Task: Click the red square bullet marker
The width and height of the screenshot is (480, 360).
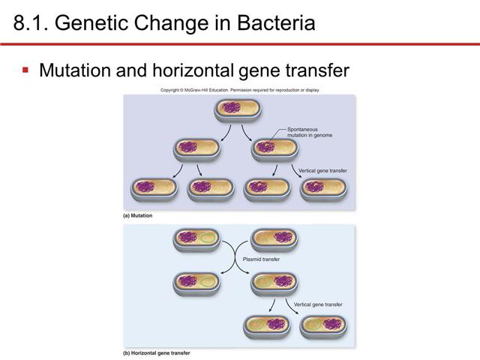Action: pyautogui.click(x=25, y=70)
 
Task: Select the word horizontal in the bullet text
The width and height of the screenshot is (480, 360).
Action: pyautogui.click(x=198, y=71)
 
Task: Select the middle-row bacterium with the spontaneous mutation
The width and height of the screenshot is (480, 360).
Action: pyautogui.click(x=273, y=148)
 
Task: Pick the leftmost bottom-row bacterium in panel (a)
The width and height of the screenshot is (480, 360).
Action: pyautogui.click(x=153, y=188)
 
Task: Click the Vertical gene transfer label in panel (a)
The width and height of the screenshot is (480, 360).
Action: pyautogui.click(x=322, y=170)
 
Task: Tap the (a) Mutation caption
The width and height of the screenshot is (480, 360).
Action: pyautogui.click(x=137, y=215)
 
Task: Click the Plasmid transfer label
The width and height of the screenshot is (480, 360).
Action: pyautogui.click(x=262, y=259)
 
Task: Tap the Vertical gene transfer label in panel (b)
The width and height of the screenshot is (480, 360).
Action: pyautogui.click(x=318, y=304)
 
